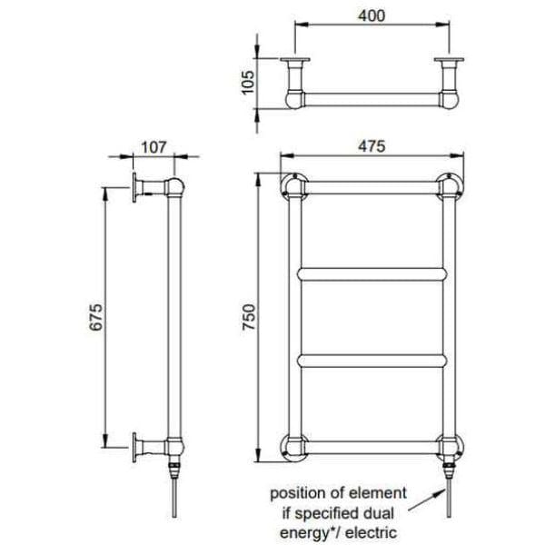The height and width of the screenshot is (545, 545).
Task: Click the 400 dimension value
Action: [372, 15]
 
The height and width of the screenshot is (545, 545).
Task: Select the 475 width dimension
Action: [372, 145]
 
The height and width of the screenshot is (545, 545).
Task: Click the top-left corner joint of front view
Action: [293, 186]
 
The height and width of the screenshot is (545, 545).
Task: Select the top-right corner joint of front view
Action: [449, 186]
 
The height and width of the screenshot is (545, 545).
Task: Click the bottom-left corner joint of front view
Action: [293, 445]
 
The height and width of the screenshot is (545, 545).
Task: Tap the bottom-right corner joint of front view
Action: [449, 445]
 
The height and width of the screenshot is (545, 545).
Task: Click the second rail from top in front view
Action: [372, 272]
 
